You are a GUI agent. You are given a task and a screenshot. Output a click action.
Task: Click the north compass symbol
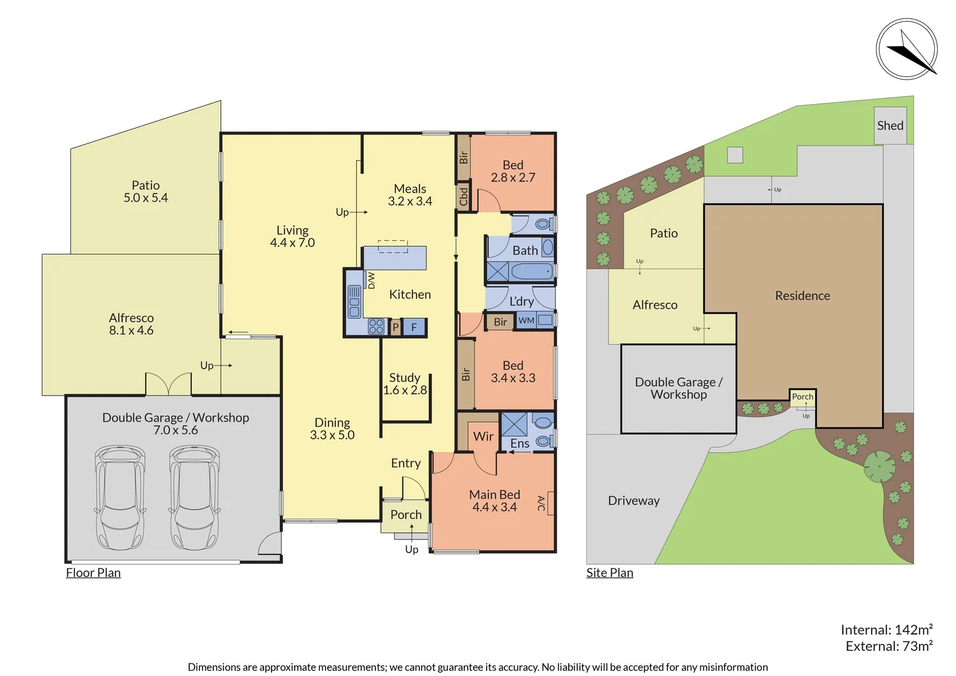[x=907, y=49]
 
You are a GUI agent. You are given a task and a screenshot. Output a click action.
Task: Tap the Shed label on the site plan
[x=890, y=126]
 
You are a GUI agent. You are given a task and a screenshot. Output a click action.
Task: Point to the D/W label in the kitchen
[x=371, y=280]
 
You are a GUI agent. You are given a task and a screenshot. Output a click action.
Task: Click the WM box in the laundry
[x=527, y=320]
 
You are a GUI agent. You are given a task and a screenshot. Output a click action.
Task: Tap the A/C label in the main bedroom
[x=541, y=503]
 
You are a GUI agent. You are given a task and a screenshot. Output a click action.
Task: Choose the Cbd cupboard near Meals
[x=463, y=197]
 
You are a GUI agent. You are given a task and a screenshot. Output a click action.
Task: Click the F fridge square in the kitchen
[x=414, y=327]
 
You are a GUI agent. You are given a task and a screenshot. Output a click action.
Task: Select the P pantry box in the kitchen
[x=395, y=327]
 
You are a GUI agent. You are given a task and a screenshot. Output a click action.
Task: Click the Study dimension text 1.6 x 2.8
[x=405, y=390]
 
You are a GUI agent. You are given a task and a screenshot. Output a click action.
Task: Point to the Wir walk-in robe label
[x=483, y=436]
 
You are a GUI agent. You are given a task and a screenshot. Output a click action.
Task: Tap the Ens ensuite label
[x=519, y=444]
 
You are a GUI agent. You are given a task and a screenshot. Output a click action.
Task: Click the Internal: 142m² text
[x=886, y=630]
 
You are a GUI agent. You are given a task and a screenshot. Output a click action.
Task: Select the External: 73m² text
[x=888, y=646]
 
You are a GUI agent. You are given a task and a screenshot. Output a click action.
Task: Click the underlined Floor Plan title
[x=93, y=573]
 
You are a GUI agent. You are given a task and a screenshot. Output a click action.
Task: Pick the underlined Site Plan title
[x=609, y=573]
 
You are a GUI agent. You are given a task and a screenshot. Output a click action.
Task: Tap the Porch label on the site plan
[x=803, y=397]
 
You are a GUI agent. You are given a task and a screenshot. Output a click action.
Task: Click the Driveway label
[x=634, y=501]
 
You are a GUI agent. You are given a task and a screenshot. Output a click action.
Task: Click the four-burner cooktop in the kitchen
[x=376, y=326]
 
